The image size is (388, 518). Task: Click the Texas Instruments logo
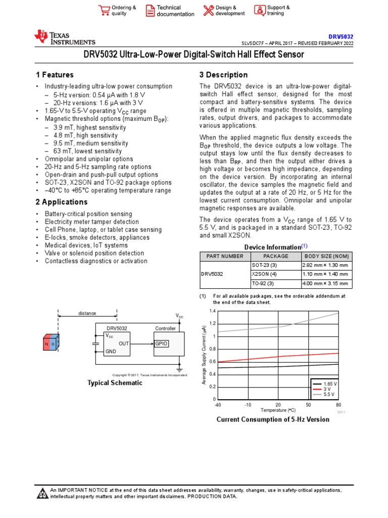(x=64, y=37)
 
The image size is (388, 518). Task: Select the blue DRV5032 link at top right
(x=341, y=37)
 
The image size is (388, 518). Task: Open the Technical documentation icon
(x=150, y=11)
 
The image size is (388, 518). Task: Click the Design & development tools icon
(x=208, y=11)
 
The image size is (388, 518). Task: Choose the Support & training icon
(x=259, y=11)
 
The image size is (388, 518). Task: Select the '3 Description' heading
(x=223, y=75)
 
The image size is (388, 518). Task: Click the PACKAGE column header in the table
(x=276, y=256)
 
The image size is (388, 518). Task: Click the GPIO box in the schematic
(x=161, y=343)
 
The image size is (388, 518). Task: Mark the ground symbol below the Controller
(x=179, y=370)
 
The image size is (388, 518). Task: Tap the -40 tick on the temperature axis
(x=218, y=405)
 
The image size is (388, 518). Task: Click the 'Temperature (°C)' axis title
(x=278, y=410)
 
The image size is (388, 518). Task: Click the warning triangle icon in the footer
(x=43, y=493)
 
